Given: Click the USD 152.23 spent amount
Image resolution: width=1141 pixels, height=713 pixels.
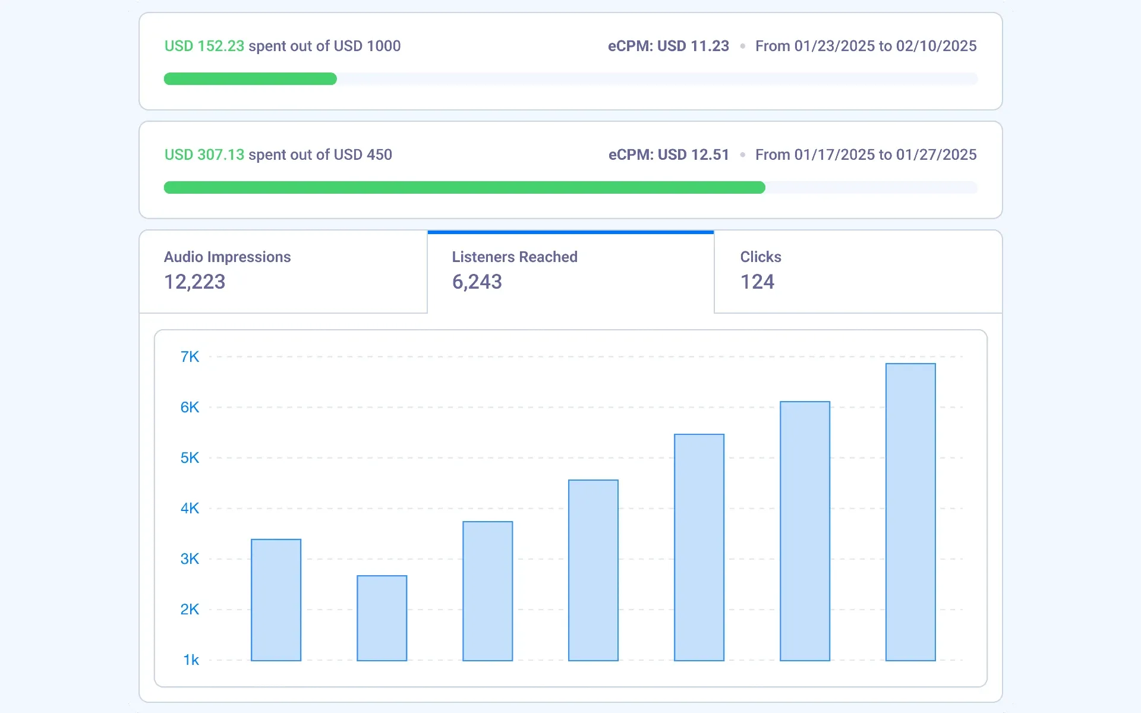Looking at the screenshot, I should point(204,46).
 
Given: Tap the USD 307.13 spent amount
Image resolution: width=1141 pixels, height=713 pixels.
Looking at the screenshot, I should point(204,154).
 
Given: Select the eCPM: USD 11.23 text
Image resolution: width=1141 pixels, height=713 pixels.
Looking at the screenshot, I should point(668,46).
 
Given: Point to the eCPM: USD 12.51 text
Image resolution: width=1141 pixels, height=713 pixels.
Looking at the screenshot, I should point(669,154).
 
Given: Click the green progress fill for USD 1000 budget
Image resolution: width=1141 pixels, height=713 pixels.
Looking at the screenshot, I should point(250,79).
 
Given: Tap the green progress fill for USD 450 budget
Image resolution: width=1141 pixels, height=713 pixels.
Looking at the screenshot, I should point(464,188).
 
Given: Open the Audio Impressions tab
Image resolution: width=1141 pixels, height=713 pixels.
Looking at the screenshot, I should point(227,257).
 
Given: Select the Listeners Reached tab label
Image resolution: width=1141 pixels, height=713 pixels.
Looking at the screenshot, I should point(515,257).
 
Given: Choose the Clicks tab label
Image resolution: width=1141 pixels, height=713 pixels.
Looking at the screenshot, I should point(761,257).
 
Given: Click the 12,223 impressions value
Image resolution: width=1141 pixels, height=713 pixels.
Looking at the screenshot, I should point(194,282).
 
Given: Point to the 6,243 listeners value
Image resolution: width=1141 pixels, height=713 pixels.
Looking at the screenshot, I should point(477,282).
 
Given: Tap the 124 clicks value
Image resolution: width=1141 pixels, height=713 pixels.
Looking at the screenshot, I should point(757,282).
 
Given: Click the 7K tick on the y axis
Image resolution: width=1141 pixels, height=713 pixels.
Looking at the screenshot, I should point(190,356).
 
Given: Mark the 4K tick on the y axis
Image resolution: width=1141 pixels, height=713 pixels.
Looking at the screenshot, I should point(190,508).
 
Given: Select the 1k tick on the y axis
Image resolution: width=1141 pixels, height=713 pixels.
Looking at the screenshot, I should point(191,660).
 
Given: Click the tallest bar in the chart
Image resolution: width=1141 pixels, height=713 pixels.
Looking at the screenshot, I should point(910,512).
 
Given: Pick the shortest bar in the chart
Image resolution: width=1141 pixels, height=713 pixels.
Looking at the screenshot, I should point(382,618).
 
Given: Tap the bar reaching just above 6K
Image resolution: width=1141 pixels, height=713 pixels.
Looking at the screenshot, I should point(805,531).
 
